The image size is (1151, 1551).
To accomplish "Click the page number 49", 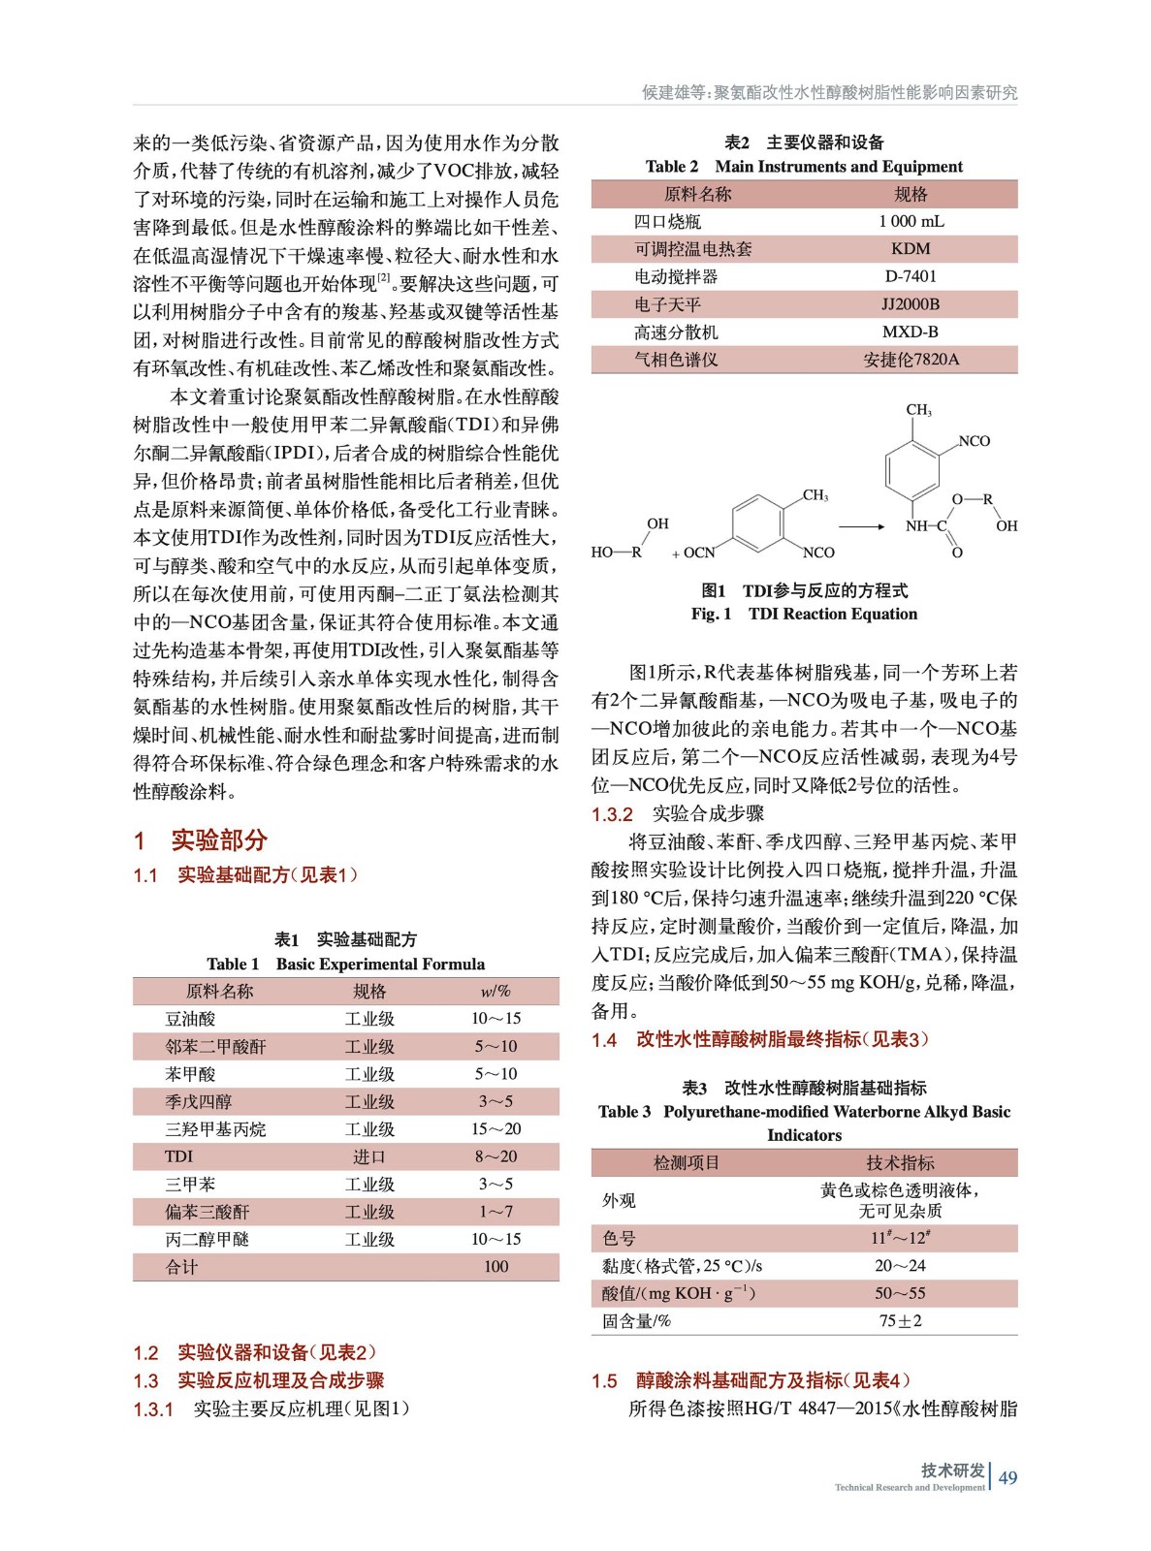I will click(x=1007, y=1477).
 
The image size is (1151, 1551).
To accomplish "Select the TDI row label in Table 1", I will click(x=178, y=1156).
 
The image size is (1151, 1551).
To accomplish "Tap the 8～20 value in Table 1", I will click(x=496, y=1156).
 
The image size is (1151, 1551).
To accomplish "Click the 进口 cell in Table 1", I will click(x=369, y=1156).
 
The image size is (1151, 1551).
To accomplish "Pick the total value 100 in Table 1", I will click(x=496, y=1267).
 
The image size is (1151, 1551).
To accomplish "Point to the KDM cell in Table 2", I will click(x=910, y=249).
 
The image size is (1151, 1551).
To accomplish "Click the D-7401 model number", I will click(x=910, y=276).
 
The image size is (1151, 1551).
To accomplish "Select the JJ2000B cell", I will click(x=910, y=304).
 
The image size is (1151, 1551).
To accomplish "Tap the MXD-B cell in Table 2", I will click(x=910, y=332).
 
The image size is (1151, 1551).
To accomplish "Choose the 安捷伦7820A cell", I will click(x=911, y=360).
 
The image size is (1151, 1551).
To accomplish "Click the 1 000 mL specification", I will click(x=911, y=221).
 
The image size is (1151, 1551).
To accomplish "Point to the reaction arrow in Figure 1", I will click(x=861, y=526).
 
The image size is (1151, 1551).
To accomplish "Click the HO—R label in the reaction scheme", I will click(x=617, y=553).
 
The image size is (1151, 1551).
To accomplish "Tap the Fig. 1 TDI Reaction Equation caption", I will click(x=804, y=614).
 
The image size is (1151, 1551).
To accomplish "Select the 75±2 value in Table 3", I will click(x=900, y=1321).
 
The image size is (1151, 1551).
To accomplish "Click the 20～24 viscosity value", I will click(x=900, y=1266).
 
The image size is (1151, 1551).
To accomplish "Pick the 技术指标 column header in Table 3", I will click(x=900, y=1163).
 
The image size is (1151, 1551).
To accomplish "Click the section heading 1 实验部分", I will click(x=201, y=839).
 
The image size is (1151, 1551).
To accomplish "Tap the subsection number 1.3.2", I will click(x=612, y=814).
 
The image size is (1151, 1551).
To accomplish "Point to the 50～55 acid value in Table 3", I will click(x=900, y=1293).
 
